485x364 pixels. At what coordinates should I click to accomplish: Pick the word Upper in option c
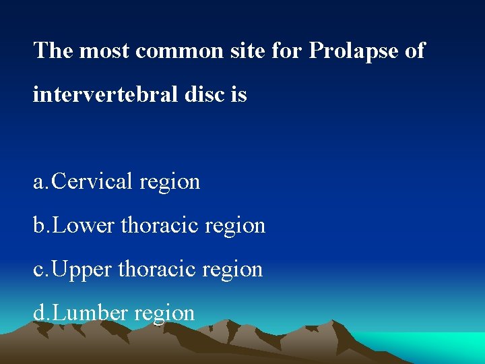coord(83,269)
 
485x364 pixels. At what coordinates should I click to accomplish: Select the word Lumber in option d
coord(90,313)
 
